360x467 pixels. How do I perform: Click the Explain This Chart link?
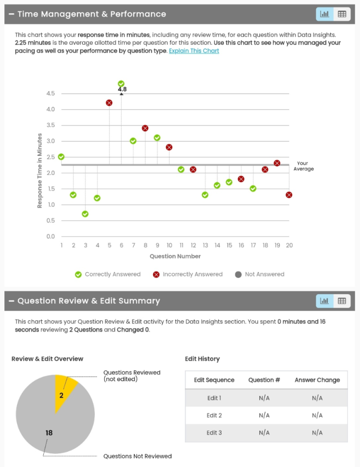point(194,51)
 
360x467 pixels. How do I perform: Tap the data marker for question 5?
point(109,103)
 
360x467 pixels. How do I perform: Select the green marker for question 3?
point(85,214)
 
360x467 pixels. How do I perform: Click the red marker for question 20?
point(289,195)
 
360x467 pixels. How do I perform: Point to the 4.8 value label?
point(122,90)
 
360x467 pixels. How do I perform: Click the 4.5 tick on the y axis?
point(51,93)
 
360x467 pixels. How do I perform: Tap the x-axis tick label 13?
point(205,245)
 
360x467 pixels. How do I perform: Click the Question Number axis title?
point(175,256)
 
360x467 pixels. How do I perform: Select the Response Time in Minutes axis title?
point(40,171)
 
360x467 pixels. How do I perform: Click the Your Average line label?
point(303,166)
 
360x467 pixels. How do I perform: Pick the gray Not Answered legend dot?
point(238,274)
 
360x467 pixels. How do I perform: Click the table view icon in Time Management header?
point(342,14)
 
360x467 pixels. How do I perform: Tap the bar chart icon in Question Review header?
point(324,301)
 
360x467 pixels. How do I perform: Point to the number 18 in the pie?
point(49,432)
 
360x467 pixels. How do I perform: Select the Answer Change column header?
point(317,380)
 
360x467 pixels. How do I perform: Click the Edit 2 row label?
point(214,415)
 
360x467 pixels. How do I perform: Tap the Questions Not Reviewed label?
point(137,456)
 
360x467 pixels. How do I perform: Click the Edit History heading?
point(202,359)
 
